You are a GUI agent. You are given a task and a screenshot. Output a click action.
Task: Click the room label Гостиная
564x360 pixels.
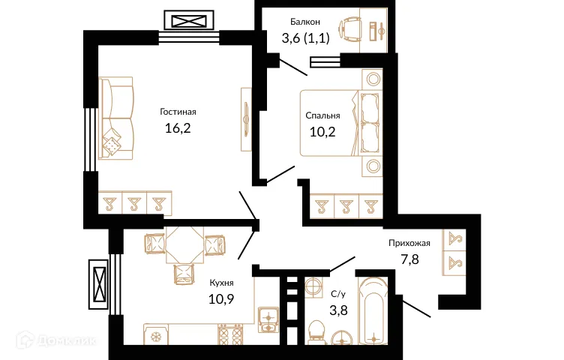178,112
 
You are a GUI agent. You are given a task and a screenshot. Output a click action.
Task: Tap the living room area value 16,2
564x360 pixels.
178,128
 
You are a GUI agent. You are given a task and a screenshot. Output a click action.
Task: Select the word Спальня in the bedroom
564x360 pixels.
322,115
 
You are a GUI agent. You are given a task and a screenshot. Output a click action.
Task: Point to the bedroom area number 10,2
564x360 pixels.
322,132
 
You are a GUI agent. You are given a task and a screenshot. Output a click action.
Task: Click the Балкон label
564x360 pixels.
305,22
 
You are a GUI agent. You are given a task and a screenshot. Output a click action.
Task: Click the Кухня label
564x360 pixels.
221,283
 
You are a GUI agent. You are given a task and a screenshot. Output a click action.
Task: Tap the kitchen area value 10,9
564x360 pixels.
221,298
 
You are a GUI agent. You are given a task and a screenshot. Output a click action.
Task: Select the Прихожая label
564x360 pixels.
409,243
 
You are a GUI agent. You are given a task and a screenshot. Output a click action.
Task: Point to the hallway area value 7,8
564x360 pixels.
409,259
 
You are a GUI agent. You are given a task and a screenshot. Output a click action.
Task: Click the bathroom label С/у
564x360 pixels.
338,294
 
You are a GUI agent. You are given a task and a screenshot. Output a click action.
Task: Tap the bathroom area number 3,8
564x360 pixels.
338,310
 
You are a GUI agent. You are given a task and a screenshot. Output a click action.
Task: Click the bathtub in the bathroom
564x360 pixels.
373,311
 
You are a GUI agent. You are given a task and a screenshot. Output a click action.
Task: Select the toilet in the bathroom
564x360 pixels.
317,331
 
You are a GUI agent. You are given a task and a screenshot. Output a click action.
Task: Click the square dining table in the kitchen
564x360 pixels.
185,245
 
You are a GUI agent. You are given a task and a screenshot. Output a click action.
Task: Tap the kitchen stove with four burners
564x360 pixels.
230,334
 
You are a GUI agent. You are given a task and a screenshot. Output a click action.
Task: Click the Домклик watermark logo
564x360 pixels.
56,340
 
